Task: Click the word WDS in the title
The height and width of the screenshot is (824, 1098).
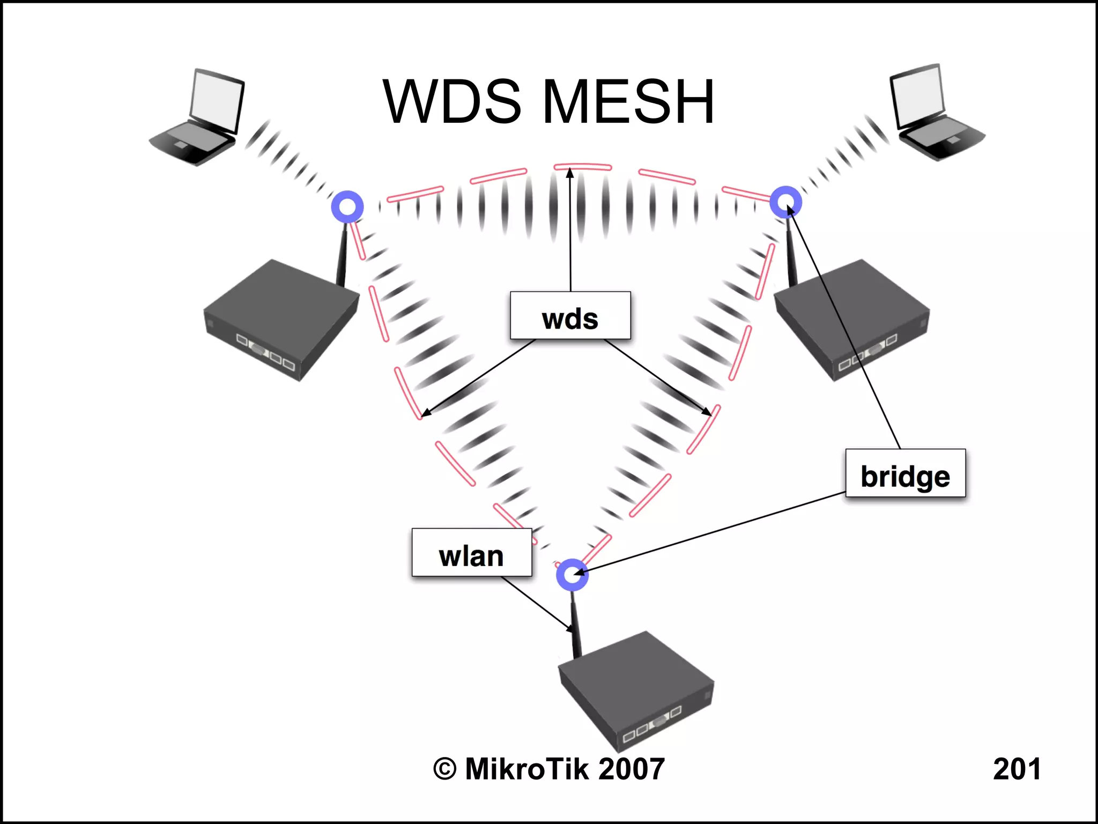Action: (x=452, y=101)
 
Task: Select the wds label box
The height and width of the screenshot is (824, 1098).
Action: (x=570, y=316)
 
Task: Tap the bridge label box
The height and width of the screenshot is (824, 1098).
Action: (x=905, y=473)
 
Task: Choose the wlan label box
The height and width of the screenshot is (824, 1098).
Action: (x=471, y=553)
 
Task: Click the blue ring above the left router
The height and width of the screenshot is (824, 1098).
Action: (x=347, y=206)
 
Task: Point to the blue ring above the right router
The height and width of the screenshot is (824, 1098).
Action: (x=785, y=202)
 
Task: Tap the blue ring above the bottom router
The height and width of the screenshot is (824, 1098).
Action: (x=572, y=575)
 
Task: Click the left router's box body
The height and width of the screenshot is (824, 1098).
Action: (x=281, y=319)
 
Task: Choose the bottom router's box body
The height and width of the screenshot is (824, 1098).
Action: (x=635, y=689)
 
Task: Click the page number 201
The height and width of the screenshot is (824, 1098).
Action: (x=1017, y=769)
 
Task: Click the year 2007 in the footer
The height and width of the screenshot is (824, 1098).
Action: (x=632, y=769)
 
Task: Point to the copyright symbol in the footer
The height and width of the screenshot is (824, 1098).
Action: (x=445, y=769)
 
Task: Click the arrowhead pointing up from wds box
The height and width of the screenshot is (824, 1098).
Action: (x=570, y=173)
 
